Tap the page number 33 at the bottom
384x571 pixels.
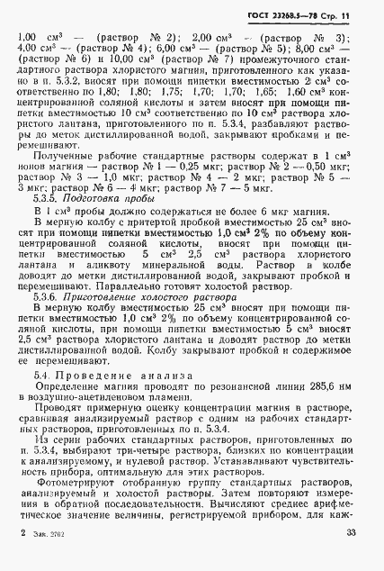[349, 557]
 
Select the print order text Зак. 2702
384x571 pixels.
[45, 557]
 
